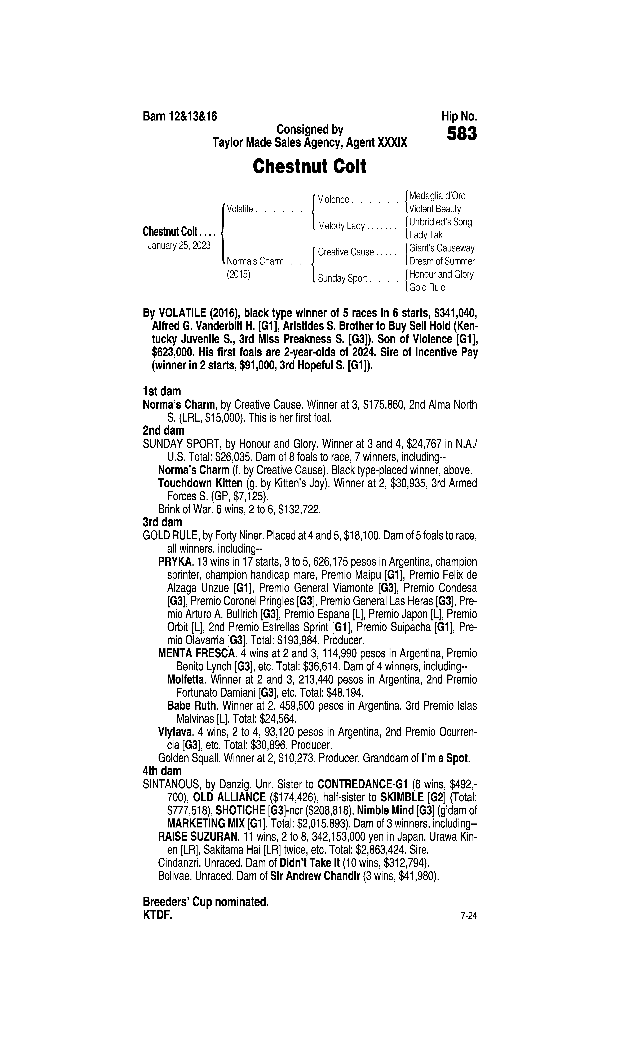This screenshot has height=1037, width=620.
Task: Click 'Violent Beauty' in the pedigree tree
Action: click(x=435, y=209)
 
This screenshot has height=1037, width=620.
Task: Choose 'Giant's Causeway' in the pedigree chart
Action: click(x=442, y=248)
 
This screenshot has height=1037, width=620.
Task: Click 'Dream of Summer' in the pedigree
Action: click(x=442, y=261)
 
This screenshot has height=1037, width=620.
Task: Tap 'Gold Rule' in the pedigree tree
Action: click(x=427, y=287)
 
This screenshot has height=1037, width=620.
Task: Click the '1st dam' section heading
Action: click(x=162, y=391)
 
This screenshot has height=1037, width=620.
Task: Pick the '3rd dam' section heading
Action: click(x=163, y=522)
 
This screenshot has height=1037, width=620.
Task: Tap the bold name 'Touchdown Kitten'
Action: click(x=200, y=483)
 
